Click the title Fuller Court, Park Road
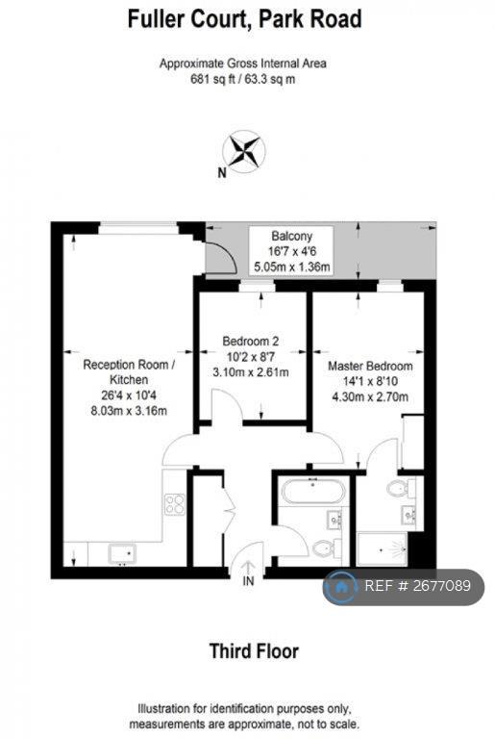(x=244, y=20)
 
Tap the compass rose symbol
(x=244, y=151)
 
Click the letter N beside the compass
(x=222, y=173)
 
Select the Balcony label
(x=291, y=236)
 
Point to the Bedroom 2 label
(x=251, y=341)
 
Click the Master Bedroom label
(x=370, y=367)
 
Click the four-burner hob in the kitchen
(x=175, y=503)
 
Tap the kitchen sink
(x=122, y=554)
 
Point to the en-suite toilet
(x=401, y=488)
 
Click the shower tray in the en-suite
(x=382, y=549)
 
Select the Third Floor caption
(x=254, y=651)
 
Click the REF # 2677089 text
(x=418, y=586)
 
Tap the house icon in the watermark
(x=340, y=587)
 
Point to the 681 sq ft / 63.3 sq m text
(x=242, y=79)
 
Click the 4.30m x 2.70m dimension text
(x=370, y=396)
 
